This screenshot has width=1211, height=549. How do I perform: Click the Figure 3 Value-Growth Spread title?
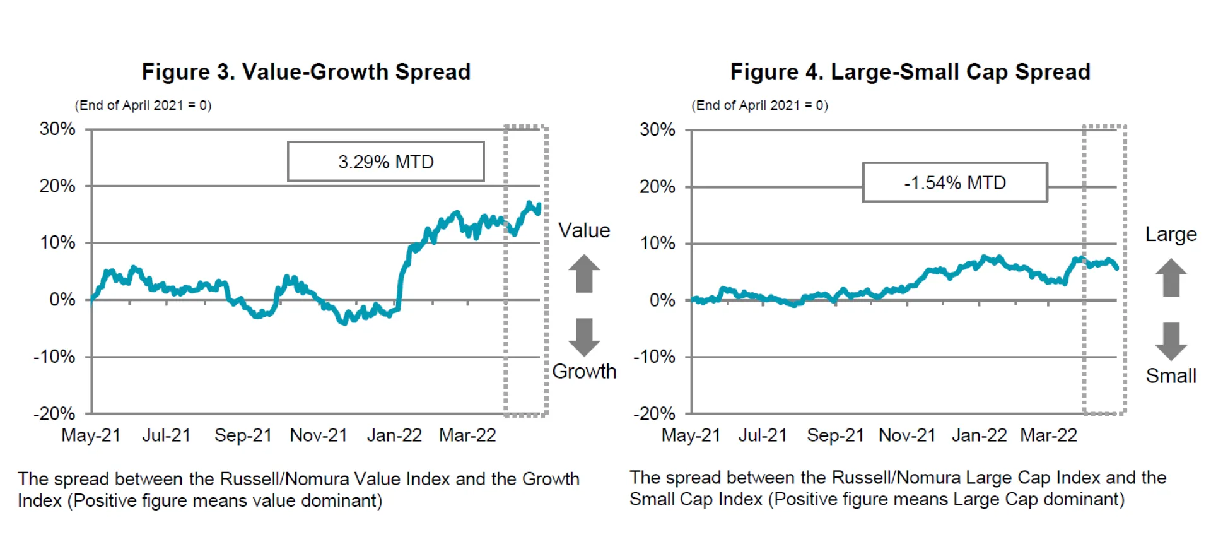pyautogui.click(x=306, y=72)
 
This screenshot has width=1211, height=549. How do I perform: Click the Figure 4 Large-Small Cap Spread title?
pyautogui.click(x=910, y=72)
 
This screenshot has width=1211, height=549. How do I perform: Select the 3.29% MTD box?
pyautogui.click(x=385, y=162)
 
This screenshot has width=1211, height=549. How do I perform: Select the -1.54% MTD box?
pyautogui.click(x=954, y=183)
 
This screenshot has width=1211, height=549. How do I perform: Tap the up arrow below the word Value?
pyautogui.click(x=584, y=273)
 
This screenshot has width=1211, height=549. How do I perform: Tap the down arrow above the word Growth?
pyautogui.click(x=584, y=337)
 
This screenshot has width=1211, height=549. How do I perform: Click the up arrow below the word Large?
pyautogui.click(x=1171, y=278)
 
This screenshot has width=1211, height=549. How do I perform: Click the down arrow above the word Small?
pyautogui.click(x=1171, y=341)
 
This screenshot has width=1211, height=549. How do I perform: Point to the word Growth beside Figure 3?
pyautogui.click(x=584, y=371)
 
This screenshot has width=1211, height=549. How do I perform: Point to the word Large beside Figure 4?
pyautogui.click(x=1171, y=234)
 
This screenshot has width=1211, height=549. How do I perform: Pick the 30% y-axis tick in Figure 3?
pyautogui.click(x=57, y=129)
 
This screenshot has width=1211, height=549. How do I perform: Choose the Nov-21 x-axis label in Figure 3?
pyautogui.click(x=319, y=435)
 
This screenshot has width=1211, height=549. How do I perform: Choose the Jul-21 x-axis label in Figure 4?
pyautogui.click(x=763, y=435)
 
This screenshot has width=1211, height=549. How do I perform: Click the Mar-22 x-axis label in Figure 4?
pyautogui.click(x=1048, y=435)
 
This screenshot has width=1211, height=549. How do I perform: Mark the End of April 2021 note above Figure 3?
pyautogui.click(x=143, y=105)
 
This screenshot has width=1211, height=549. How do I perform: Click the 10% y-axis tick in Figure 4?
pyautogui.click(x=657, y=244)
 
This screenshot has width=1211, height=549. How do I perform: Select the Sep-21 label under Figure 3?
pyautogui.click(x=243, y=435)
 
